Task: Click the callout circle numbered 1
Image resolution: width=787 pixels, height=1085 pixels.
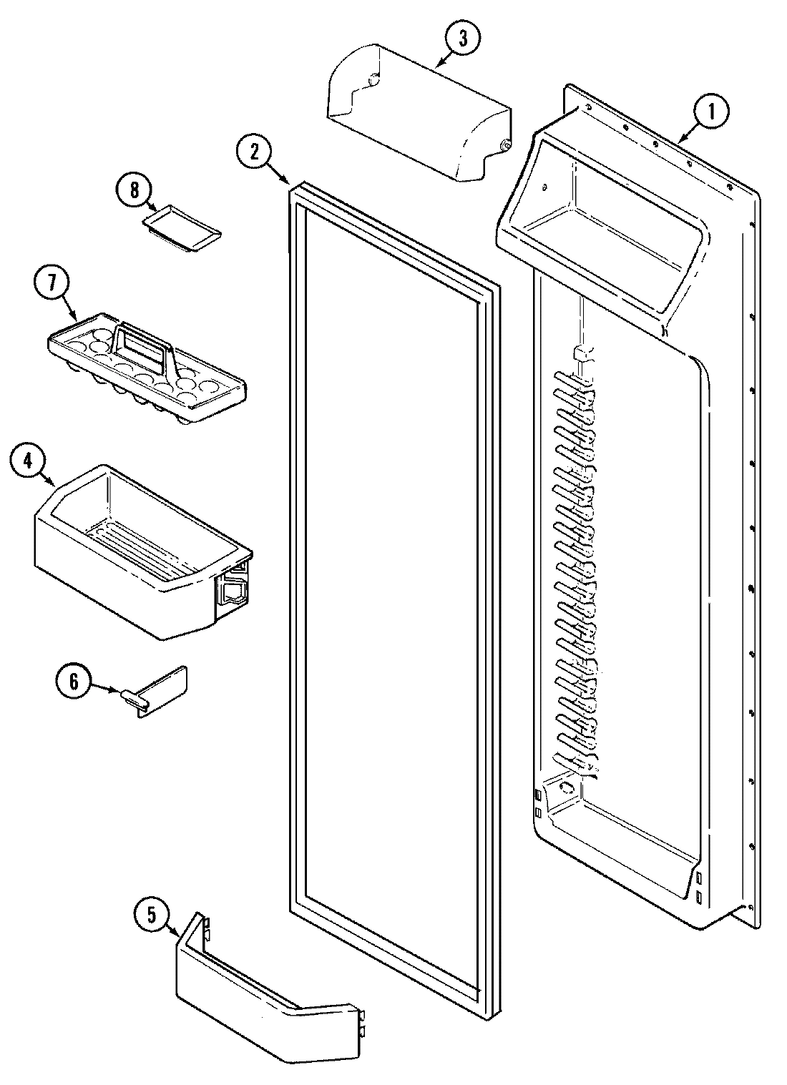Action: (710, 111)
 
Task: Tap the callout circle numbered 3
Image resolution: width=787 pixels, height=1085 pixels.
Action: (462, 40)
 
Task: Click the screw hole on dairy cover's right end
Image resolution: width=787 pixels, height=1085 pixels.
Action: (505, 146)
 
